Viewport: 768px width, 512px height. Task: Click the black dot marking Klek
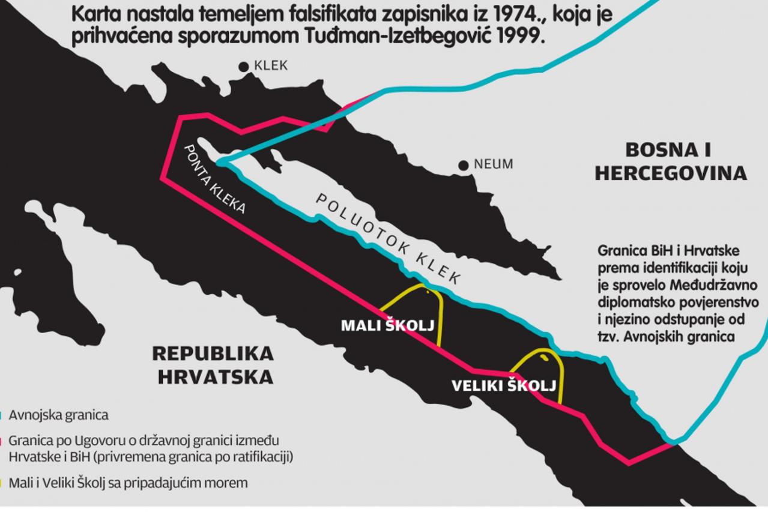pyautogui.click(x=244, y=67)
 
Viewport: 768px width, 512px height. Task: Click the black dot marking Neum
pyautogui.click(x=463, y=165)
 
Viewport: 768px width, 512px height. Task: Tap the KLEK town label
pyautogui.click(x=271, y=66)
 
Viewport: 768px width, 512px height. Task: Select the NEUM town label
pyautogui.click(x=494, y=164)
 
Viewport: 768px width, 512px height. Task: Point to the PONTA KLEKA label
pyautogui.click(x=214, y=179)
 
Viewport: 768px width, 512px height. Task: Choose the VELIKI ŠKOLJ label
pyautogui.click(x=504, y=385)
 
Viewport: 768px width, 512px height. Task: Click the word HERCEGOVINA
pyautogui.click(x=671, y=173)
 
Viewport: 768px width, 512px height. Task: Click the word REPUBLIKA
pyautogui.click(x=213, y=354)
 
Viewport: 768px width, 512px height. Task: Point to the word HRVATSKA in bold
pyautogui.click(x=216, y=377)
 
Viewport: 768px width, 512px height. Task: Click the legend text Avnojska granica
pyautogui.click(x=58, y=415)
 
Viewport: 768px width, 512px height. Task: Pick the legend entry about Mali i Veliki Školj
pyautogui.click(x=128, y=483)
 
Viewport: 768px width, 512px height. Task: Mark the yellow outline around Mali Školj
pyautogui.click(x=441, y=318)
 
